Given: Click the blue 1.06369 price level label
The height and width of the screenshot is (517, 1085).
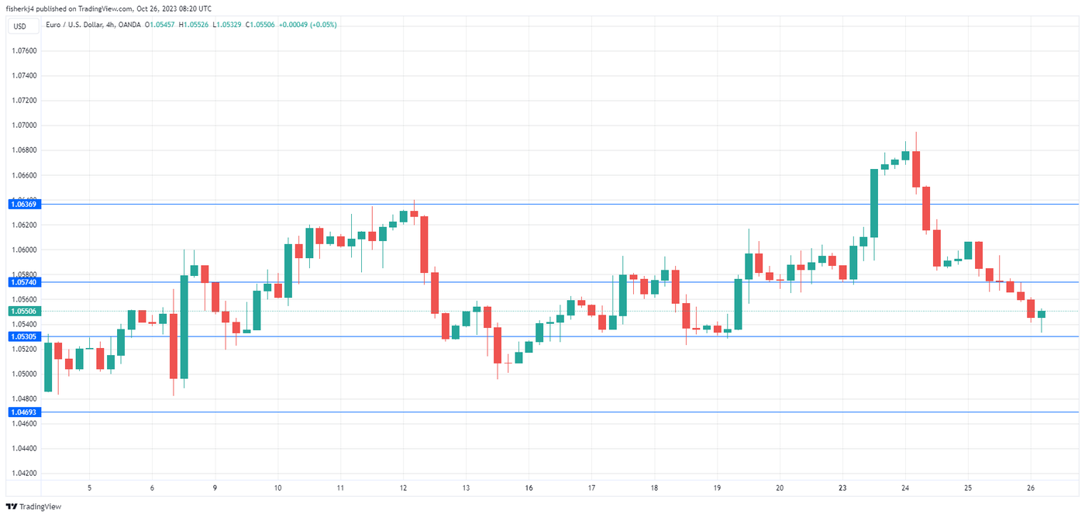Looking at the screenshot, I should pyautogui.click(x=24, y=204).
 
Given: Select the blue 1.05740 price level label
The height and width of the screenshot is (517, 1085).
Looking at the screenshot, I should pyautogui.click(x=24, y=282).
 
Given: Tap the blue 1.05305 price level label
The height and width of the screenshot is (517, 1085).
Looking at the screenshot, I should pyautogui.click(x=24, y=336).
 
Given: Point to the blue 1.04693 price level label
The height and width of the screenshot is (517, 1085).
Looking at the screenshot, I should pyautogui.click(x=24, y=412).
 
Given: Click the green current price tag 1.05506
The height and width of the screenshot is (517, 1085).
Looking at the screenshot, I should pyautogui.click(x=24, y=311).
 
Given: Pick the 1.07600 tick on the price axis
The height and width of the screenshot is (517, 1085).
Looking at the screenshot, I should pyautogui.click(x=24, y=51).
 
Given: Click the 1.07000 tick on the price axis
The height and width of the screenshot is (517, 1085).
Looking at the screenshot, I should pyautogui.click(x=24, y=126).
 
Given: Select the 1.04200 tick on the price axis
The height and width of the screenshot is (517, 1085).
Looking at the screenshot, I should pyautogui.click(x=24, y=473).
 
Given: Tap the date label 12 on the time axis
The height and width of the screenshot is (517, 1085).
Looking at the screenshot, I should pyautogui.click(x=403, y=488).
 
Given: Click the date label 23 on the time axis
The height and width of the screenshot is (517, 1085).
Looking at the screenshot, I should pyautogui.click(x=842, y=488).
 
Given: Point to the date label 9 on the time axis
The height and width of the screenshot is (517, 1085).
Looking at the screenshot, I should pyautogui.click(x=215, y=488).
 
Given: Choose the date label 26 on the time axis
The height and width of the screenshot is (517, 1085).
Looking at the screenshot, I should pyautogui.click(x=1031, y=488).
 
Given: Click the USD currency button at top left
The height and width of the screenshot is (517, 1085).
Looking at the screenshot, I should pyautogui.click(x=19, y=26).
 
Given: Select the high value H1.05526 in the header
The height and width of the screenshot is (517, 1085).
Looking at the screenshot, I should pyautogui.click(x=195, y=25).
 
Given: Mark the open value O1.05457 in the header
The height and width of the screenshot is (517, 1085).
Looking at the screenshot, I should pyautogui.click(x=160, y=25).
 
